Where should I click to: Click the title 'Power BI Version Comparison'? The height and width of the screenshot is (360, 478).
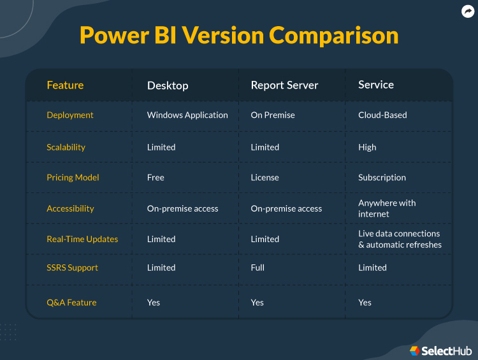[x=239, y=35]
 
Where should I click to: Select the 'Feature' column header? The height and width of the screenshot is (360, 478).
[x=65, y=85]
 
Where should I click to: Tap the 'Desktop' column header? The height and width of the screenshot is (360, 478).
[x=168, y=85]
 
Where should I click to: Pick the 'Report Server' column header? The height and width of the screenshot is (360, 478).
[x=284, y=85]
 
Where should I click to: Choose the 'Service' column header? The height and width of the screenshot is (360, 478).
[x=376, y=85]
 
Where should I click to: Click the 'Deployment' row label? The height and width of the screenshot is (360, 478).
[x=70, y=115]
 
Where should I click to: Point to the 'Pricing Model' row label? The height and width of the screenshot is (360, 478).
[x=73, y=178]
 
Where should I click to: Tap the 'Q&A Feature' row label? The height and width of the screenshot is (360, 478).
[x=71, y=303]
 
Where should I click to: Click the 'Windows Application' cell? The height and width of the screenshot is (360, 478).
[x=187, y=115]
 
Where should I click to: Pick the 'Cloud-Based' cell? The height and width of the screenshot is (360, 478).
[x=382, y=115]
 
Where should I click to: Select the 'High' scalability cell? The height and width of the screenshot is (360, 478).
[x=367, y=147]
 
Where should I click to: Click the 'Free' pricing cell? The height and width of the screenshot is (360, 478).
[x=156, y=178]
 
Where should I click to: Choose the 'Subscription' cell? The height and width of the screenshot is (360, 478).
[x=382, y=178]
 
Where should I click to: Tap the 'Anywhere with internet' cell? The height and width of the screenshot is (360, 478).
[x=387, y=208]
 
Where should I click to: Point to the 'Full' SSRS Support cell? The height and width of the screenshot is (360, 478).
[x=257, y=268]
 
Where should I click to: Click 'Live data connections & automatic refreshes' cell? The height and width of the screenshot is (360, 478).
[x=400, y=239]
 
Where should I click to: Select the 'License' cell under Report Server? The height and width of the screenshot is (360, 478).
[x=264, y=178]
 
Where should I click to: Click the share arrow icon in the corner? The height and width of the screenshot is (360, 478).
[x=468, y=11]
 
